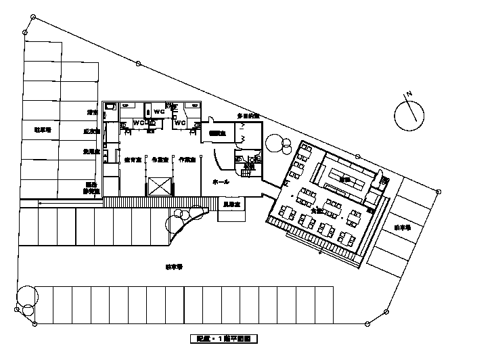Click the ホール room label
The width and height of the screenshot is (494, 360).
221,182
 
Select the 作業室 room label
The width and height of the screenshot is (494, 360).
187,160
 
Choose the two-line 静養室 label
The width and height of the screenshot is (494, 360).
91,187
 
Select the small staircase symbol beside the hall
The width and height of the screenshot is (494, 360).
248,174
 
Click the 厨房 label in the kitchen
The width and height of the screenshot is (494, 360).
345,179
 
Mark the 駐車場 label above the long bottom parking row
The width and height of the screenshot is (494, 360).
174,267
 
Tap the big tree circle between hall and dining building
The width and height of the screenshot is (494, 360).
275,143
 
